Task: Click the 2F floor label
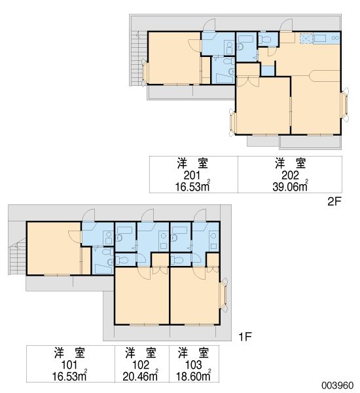334,202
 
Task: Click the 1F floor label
244,337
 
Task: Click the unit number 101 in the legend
67,365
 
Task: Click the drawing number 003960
337,385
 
